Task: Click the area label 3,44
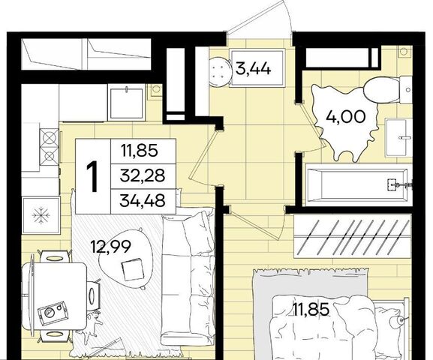[x=253, y=68]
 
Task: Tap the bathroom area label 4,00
[x=346, y=117]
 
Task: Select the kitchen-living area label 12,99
[x=111, y=247]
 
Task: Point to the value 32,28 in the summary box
[x=143, y=175]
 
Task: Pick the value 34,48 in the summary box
[x=143, y=201]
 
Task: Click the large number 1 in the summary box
[x=93, y=176]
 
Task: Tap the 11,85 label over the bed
[x=311, y=309]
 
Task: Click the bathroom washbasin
[x=398, y=138]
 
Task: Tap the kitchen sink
[x=127, y=103]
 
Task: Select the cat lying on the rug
[x=92, y=325]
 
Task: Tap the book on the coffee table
[x=133, y=269]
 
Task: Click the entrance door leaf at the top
[x=258, y=16]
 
